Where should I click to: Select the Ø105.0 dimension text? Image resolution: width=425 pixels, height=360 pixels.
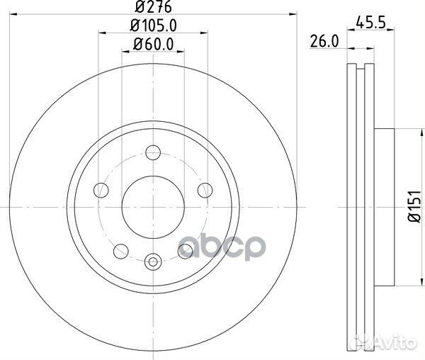tap(153, 27)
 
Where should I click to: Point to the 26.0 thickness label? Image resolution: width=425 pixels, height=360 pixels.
tap(322, 42)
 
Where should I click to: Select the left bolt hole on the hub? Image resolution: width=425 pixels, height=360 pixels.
tap(101, 189)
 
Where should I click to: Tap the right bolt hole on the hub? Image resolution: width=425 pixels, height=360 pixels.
tap(205, 189)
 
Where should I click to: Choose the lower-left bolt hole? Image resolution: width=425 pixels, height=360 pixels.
tap(121, 249)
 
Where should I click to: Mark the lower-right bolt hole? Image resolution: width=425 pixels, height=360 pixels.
tap(185, 249)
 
